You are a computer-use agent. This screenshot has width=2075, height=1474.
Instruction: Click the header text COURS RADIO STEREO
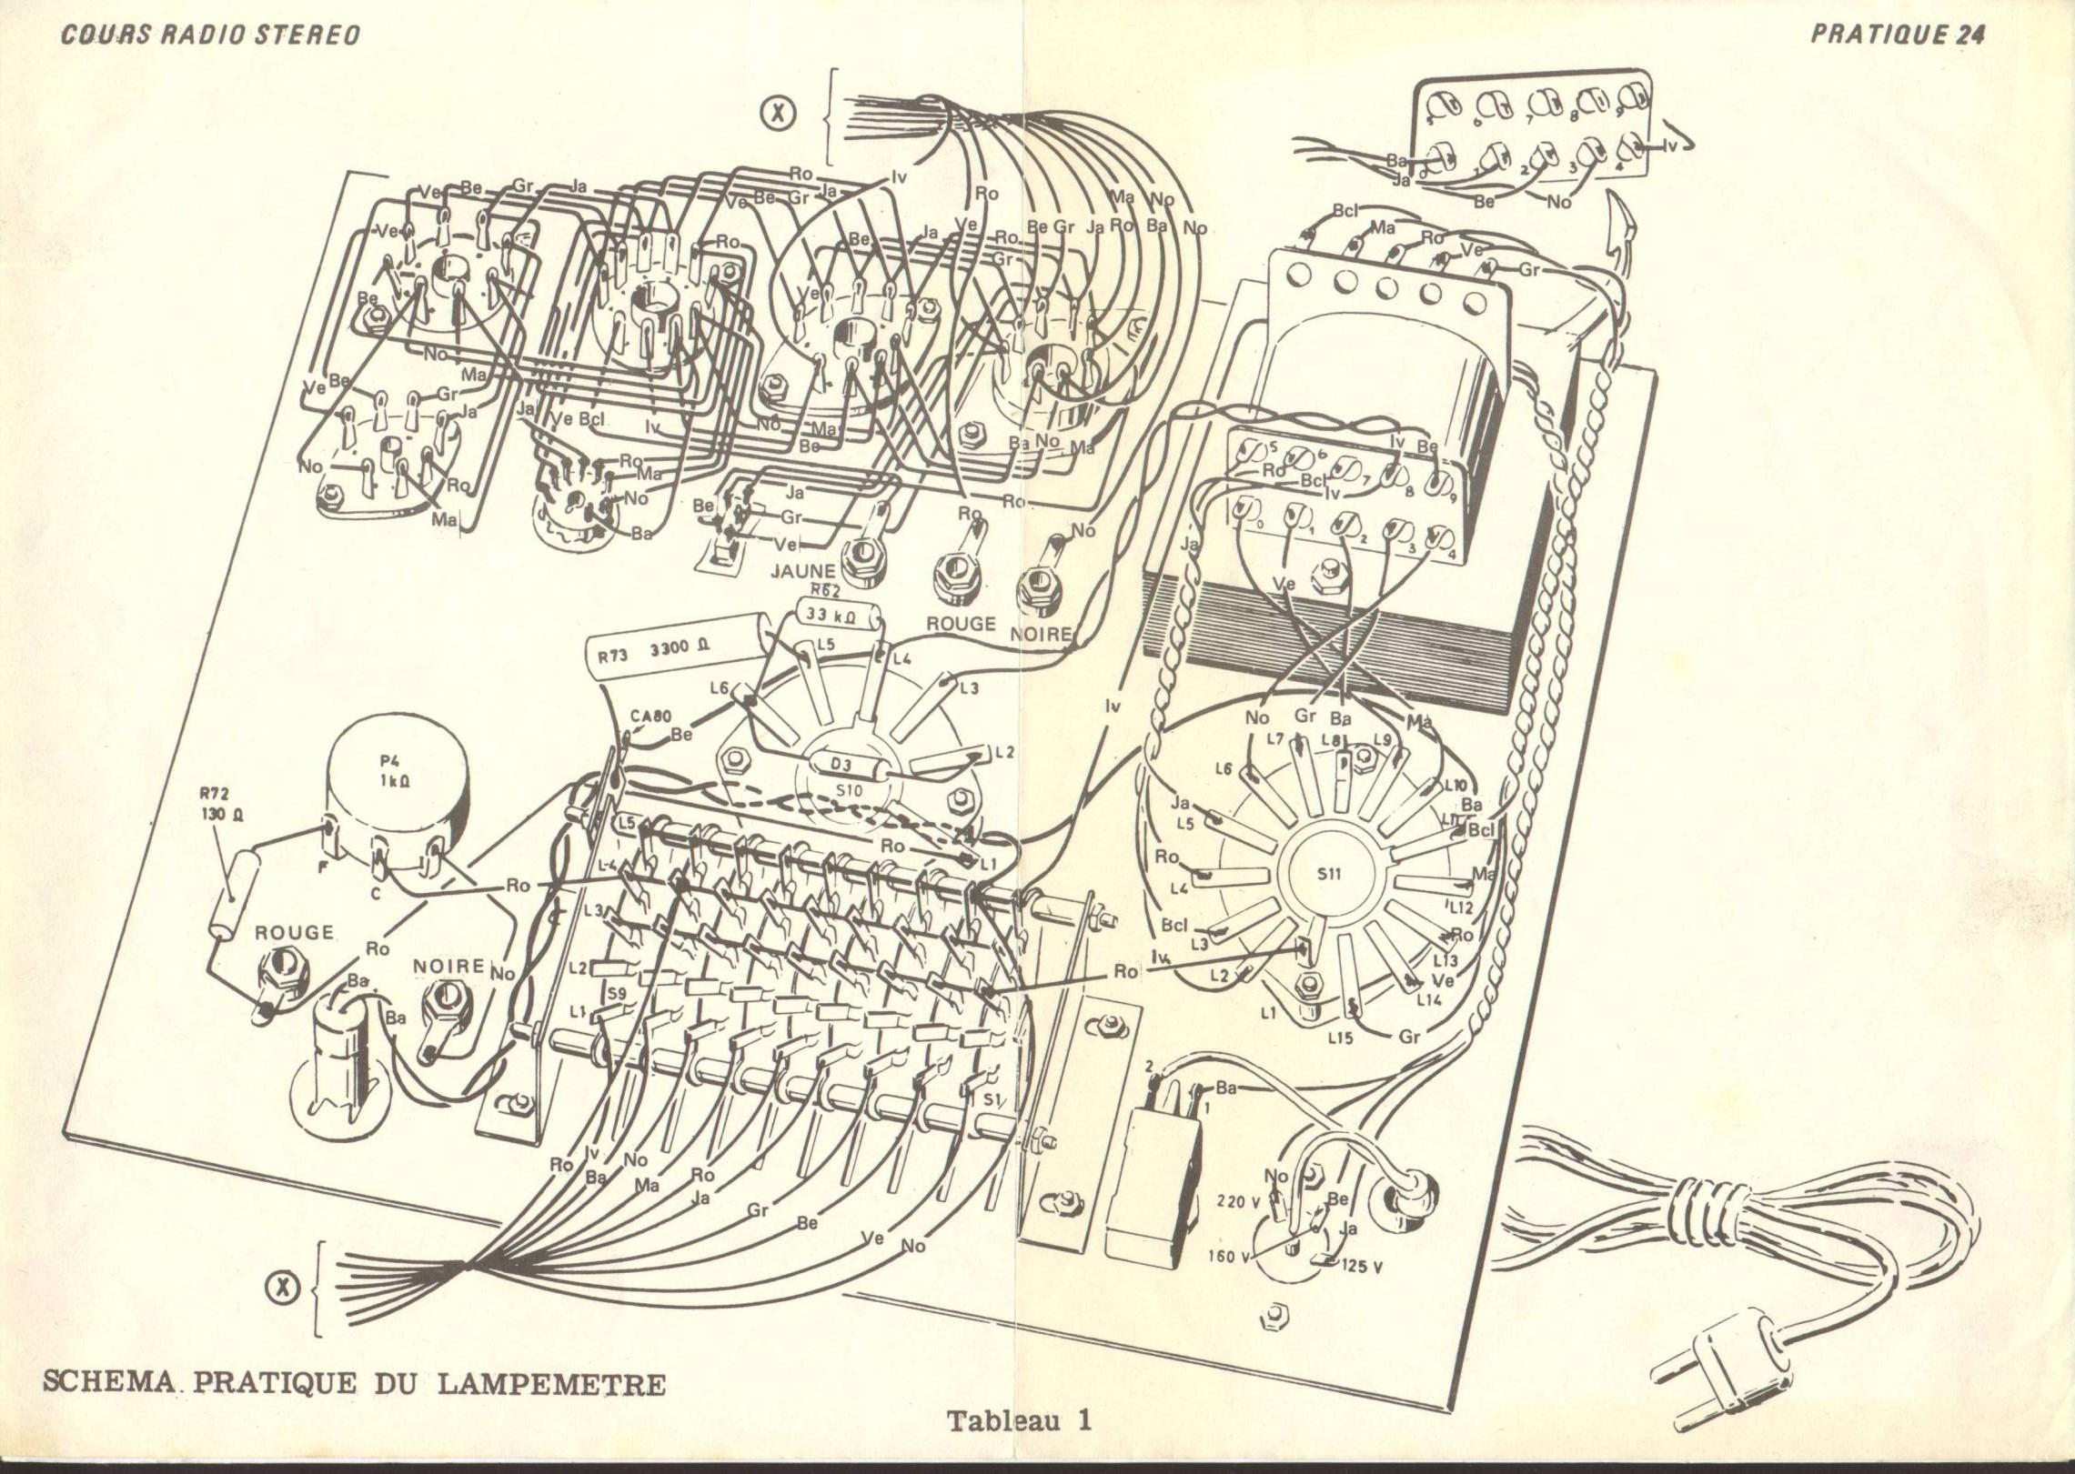pyautogui.click(x=210, y=35)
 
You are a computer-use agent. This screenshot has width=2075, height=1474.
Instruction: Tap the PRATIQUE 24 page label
pyautogui.click(x=1898, y=34)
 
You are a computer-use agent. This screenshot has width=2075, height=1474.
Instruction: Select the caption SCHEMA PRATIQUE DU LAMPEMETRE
pyautogui.click(x=355, y=1384)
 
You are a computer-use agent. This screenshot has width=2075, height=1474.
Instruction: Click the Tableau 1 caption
pyautogui.click(x=1019, y=1420)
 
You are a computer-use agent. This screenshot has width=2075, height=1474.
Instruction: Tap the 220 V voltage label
pyautogui.click(x=1238, y=1201)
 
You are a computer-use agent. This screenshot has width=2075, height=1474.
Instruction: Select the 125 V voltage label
pyautogui.click(x=1361, y=1268)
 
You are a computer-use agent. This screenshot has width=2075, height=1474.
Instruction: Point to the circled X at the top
pyautogui.click(x=780, y=113)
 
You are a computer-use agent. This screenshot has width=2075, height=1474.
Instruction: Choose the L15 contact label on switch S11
pyautogui.click(x=1340, y=1038)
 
